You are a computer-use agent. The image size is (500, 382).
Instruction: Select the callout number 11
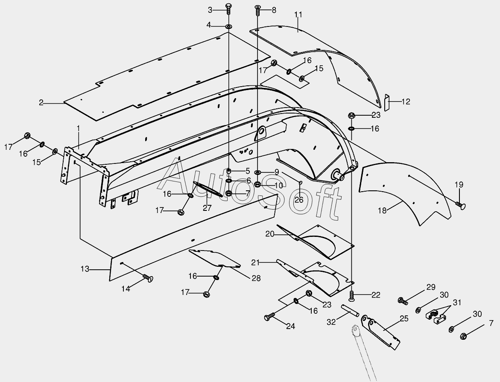(x=298, y=15)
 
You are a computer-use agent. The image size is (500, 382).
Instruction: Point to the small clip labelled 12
(x=387, y=102)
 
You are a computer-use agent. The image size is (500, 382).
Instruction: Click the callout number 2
(x=41, y=102)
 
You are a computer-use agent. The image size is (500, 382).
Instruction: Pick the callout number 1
(x=78, y=128)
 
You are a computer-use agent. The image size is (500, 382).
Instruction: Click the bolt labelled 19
(x=461, y=205)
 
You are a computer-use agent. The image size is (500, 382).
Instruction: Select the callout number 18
(x=382, y=210)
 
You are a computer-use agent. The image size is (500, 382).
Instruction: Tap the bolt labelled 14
(x=148, y=278)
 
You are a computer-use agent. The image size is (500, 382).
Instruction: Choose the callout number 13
(x=85, y=269)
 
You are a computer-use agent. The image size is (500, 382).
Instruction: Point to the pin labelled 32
(x=349, y=309)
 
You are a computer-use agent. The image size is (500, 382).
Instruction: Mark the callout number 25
(x=404, y=318)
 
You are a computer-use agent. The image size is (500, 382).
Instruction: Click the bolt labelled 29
(x=402, y=300)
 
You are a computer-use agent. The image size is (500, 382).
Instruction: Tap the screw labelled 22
(x=352, y=295)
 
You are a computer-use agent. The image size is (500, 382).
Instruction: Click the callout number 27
(x=207, y=208)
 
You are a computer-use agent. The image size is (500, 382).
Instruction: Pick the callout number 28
(x=256, y=278)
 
